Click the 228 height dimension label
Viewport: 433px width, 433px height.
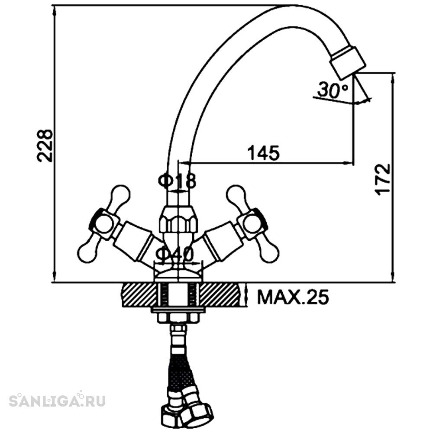45,145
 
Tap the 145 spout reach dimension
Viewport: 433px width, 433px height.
263,153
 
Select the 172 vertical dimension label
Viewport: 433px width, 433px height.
383,180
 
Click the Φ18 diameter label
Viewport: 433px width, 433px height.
177,181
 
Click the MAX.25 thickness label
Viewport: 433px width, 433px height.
293,297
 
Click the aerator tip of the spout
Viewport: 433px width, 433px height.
348,62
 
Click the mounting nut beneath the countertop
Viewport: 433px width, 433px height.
178,318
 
